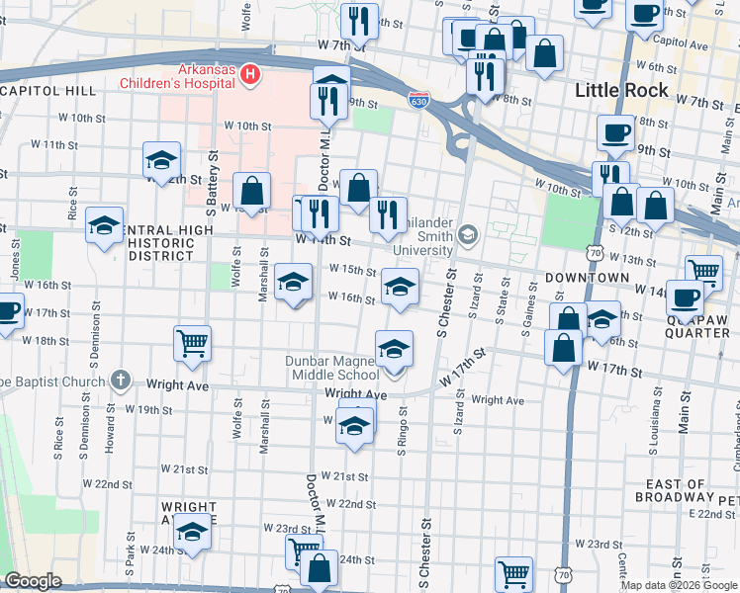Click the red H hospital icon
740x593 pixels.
(250, 75)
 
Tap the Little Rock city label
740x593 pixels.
(620, 91)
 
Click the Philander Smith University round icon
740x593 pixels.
(467, 235)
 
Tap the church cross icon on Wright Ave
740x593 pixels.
(121, 380)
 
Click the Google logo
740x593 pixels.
(33, 581)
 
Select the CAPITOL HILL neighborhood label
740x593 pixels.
(47, 91)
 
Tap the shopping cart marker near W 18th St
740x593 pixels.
(192, 344)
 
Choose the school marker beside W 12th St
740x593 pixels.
(162, 160)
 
